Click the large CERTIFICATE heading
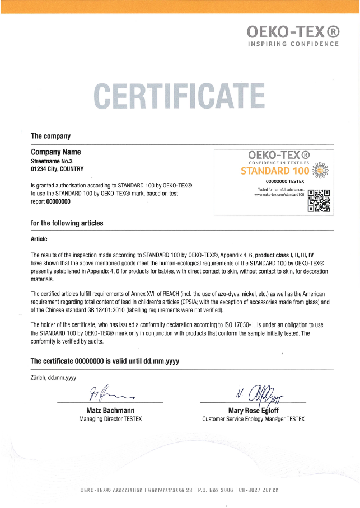179,96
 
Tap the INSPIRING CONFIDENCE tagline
293,44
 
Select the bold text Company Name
56,152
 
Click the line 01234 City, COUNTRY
57,168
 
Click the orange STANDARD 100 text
274,171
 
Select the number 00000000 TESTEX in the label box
284,182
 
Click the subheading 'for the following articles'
67,223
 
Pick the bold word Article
39,239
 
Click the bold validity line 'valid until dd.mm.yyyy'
142,361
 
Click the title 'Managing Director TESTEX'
110,419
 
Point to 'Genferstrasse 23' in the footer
167,490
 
